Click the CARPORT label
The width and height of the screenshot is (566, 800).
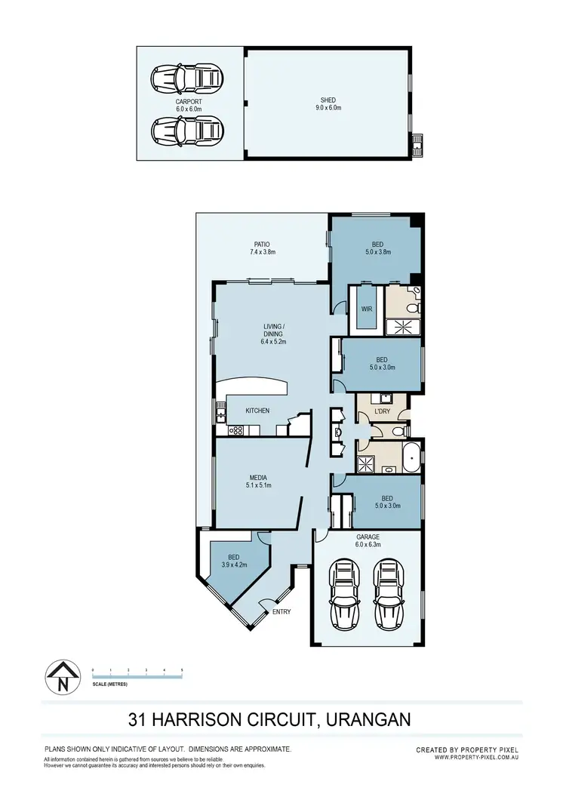(189, 100)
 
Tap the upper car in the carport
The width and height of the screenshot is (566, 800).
(188, 76)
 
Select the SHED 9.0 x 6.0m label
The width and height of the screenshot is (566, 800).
(328, 103)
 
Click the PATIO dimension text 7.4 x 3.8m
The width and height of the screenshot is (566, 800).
(262, 251)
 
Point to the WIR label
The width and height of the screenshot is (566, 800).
(367, 309)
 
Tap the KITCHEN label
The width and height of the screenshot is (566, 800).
(257, 411)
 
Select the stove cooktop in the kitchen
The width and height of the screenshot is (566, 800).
(235, 431)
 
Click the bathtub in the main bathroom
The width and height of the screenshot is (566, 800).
(411, 458)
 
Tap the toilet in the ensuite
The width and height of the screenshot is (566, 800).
(412, 304)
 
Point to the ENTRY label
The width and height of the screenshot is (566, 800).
(281, 611)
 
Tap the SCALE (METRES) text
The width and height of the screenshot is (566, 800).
(109, 685)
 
